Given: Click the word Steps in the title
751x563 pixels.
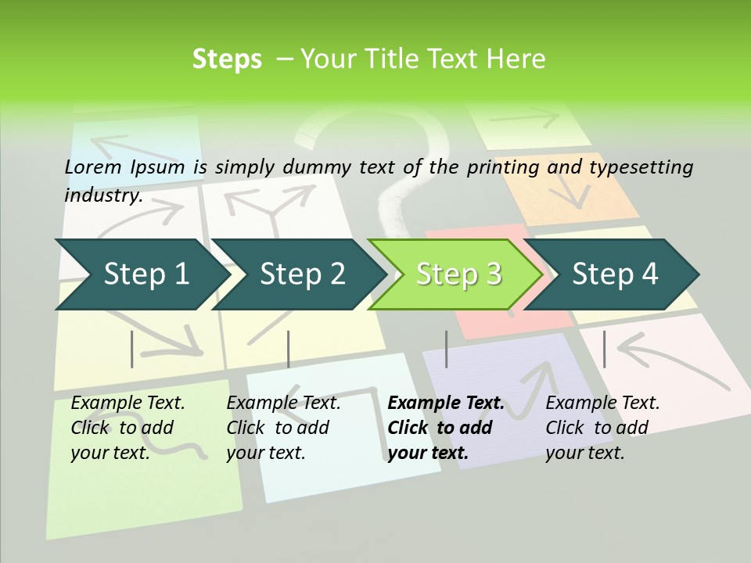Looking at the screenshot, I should pos(227,59).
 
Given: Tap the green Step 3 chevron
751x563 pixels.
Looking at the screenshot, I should pos(458,274).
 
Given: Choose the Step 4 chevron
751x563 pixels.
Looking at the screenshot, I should pos(614,274).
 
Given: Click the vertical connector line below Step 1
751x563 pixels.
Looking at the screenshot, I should pos(132,349).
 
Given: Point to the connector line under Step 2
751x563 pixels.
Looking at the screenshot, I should pos(289,349).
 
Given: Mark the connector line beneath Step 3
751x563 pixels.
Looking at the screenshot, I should pos(446,349).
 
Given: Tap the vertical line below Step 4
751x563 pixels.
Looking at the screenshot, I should pos(604,349).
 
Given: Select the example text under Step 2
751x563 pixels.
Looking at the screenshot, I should pos(282,428).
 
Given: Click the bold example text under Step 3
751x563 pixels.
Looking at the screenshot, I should pos(445,428).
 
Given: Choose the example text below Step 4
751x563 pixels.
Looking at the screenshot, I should pos(602,428).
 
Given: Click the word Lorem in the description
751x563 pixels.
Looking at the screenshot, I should pos(93,167).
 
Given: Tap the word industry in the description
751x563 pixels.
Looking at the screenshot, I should pos(102,195).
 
